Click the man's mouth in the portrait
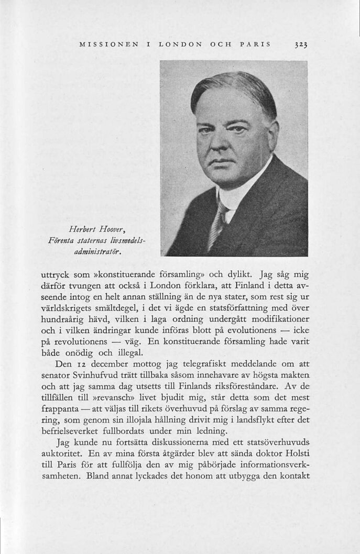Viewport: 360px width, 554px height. click(x=222, y=162)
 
